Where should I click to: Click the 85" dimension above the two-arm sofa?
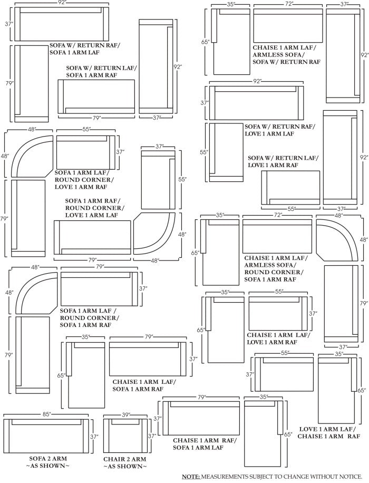pyautogui.click(x=46, y=414)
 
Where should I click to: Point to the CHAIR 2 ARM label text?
pyautogui.click(x=124, y=459)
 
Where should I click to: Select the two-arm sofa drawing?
pyautogui.click(x=45, y=436)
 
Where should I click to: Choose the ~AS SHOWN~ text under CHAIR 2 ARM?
pyautogui.click(x=124, y=467)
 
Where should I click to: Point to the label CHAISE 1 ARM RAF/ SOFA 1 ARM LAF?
pyautogui.click(x=205, y=443)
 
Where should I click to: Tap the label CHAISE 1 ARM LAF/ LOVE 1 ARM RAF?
pyautogui.click(x=278, y=338)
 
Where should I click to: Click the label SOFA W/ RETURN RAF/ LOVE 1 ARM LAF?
pyautogui.click(x=279, y=130)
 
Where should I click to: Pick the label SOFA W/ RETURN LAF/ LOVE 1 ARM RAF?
pyautogui.click(x=283, y=161)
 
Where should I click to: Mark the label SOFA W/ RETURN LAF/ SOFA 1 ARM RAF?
pyautogui.click(x=101, y=71)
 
